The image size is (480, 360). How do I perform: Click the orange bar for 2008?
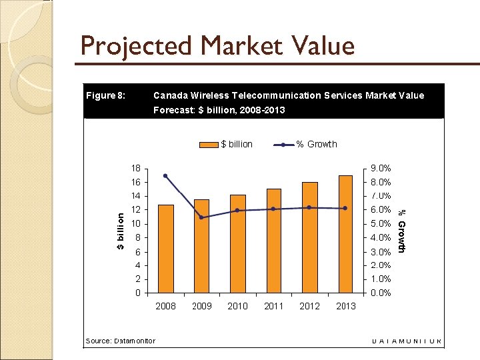166,249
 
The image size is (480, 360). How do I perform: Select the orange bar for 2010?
238,243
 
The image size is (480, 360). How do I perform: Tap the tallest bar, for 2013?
345,234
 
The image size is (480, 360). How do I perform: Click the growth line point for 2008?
165,176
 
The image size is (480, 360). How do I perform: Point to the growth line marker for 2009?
201,217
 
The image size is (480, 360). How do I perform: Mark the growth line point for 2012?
309,207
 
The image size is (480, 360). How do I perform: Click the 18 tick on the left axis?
136,169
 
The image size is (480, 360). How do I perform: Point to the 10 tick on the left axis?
136,224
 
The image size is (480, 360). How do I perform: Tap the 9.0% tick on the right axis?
381,169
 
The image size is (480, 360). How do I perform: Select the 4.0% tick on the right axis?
381,238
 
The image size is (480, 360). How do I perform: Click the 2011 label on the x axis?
274,306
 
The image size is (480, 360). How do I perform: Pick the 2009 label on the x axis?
202,306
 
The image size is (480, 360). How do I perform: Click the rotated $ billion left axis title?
121,231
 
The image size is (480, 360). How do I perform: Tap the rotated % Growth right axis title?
401,231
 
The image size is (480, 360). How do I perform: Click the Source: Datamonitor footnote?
121,341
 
